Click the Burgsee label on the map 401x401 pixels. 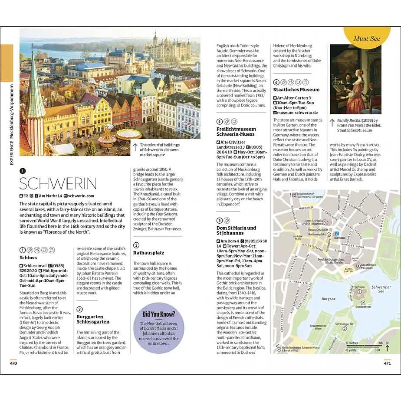(328, 299)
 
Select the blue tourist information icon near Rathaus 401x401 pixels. (337, 233)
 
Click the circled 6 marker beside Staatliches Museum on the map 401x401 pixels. (358, 266)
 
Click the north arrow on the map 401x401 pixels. (387, 347)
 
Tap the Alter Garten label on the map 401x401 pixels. (348, 270)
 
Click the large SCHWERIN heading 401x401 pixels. (58, 183)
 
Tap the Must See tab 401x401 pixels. (367, 39)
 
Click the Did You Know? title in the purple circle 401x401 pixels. (159, 314)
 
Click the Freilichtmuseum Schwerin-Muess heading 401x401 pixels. (236, 132)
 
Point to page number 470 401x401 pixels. (13, 363)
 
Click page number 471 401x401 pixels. (387, 363)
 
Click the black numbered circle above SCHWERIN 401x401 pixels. (22, 171)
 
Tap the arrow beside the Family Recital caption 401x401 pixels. (332, 123)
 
